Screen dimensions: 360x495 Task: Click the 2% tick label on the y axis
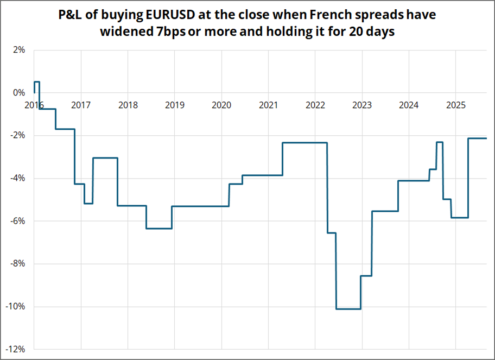click(x=19, y=50)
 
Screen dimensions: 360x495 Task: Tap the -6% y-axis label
click(x=17, y=221)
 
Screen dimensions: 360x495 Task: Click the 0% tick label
click(x=19, y=93)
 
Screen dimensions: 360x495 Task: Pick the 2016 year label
click(x=34, y=105)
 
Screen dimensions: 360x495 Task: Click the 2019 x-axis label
click(x=174, y=105)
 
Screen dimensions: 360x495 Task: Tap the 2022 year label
click(x=315, y=105)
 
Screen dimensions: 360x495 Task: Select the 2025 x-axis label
click(x=455, y=105)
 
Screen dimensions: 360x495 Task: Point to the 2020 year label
click(x=221, y=105)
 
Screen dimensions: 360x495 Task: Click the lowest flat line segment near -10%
click(x=348, y=309)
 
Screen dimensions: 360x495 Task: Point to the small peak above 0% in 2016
click(x=37, y=82)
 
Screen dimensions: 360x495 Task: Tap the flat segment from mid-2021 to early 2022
click(x=304, y=143)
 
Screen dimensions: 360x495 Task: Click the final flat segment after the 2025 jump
click(x=478, y=138)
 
